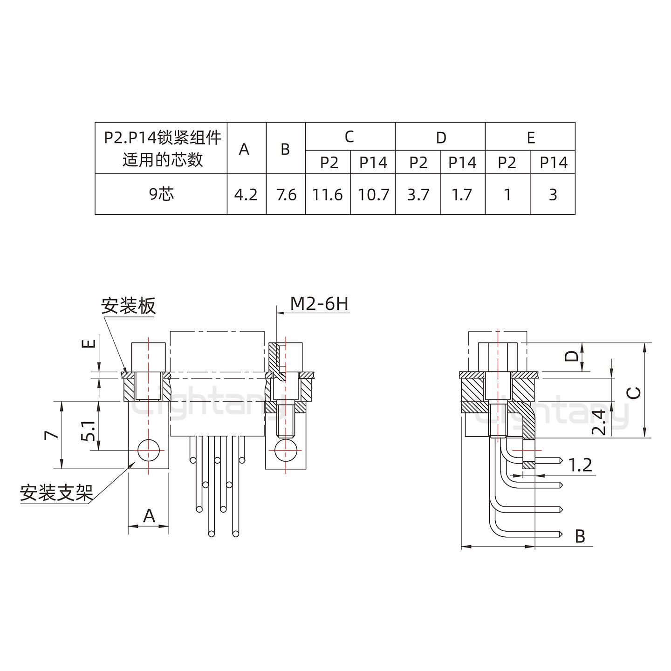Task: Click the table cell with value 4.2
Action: pyautogui.click(x=246, y=194)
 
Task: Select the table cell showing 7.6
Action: pyautogui.click(x=286, y=194)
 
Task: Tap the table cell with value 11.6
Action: pyautogui.click(x=328, y=194)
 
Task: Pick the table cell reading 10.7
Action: pyautogui.click(x=373, y=194)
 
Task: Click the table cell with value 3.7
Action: pyautogui.click(x=418, y=194)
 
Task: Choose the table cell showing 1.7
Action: pyautogui.click(x=462, y=194)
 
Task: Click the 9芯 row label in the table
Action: pyautogui.click(x=161, y=194)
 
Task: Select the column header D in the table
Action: pyautogui.click(x=440, y=137)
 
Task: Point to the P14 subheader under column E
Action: pyautogui.click(x=553, y=163)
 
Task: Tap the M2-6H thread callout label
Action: pyautogui.click(x=319, y=304)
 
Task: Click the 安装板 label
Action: pyautogui.click(x=128, y=306)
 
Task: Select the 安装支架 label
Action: pyautogui.click(x=56, y=493)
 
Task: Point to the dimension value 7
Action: pyautogui.click(x=52, y=435)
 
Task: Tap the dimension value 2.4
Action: pyautogui.click(x=601, y=422)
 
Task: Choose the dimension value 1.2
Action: pyautogui.click(x=580, y=465)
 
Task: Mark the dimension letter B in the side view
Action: pyautogui.click(x=580, y=536)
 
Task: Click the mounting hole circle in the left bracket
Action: pyautogui.click(x=148, y=450)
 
